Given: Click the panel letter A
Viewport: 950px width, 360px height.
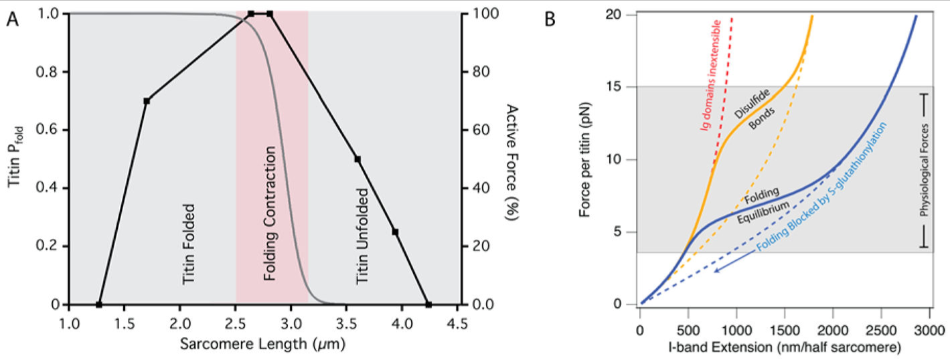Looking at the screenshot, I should pyautogui.click(x=13, y=19).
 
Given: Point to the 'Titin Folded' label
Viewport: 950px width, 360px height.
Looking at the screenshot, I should pyautogui.click(x=189, y=242).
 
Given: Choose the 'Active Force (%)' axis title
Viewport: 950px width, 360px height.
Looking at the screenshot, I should pyautogui.click(x=513, y=158).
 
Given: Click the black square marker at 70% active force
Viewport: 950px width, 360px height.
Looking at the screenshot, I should pyautogui.click(x=147, y=100).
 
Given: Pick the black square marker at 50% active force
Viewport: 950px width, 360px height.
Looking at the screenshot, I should pyautogui.click(x=358, y=159).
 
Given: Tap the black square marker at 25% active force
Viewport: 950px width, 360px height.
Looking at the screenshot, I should pyautogui.click(x=396, y=232).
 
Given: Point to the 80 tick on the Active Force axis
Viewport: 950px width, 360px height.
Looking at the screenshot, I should pyautogui.click(x=477, y=72).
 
